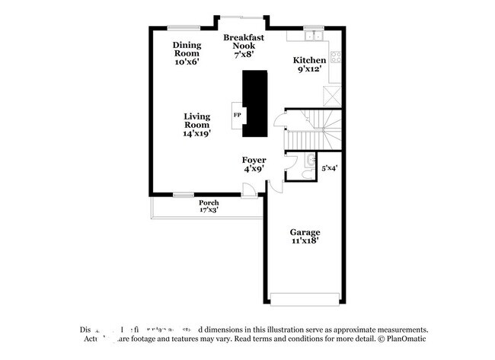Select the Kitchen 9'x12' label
[x=310, y=64]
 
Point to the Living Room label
[x=196, y=125]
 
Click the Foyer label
[x=254, y=164]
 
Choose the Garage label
[x=304, y=236]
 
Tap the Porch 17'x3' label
[x=209, y=206]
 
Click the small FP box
[x=237, y=115]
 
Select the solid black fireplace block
[x=256, y=104]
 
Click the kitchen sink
[x=313, y=35]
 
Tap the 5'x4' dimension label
[x=329, y=167]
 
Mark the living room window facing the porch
[x=183, y=195]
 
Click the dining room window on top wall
[x=184, y=27]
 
